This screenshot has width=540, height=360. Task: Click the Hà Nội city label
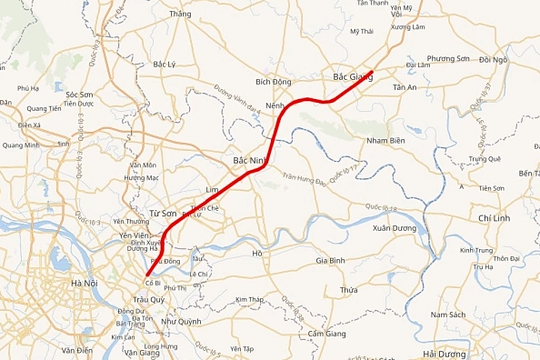click(x=83, y=283)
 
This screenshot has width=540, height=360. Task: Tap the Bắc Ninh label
click(x=249, y=160)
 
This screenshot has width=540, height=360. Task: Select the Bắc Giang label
click(x=353, y=76)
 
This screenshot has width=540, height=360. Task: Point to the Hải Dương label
click(x=445, y=354)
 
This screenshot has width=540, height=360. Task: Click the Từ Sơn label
click(x=162, y=214)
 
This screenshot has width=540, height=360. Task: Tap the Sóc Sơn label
click(x=72, y=94)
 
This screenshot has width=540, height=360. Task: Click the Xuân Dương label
click(x=394, y=228)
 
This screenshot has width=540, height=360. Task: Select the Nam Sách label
click(x=448, y=315)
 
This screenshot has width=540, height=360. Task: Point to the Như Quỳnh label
click(x=181, y=321)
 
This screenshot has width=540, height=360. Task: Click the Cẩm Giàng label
click(x=328, y=333)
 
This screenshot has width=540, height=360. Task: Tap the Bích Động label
click(x=274, y=81)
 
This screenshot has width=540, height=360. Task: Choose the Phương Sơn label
click(x=448, y=59)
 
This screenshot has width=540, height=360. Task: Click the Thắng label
click(x=180, y=14)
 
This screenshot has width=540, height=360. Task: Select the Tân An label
click(x=405, y=88)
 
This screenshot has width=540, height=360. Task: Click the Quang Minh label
click(x=20, y=145)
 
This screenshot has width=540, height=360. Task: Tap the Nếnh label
click(x=278, y=105)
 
